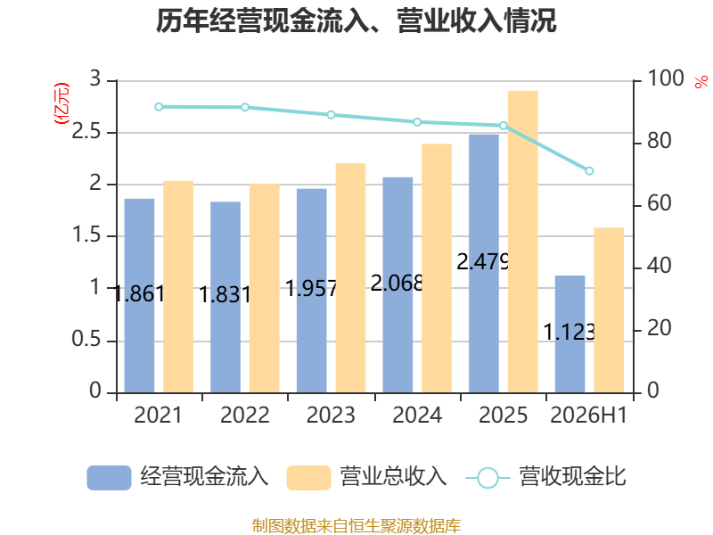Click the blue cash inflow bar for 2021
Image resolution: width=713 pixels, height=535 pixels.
(139, 296)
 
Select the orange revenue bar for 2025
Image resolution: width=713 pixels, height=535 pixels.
(523, 242)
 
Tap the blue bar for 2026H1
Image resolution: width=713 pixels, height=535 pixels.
(570, 334)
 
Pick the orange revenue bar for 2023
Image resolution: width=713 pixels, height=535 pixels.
(350, 278)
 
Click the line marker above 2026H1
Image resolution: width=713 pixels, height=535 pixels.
(589, 171)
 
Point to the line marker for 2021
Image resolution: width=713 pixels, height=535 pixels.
(159, 107)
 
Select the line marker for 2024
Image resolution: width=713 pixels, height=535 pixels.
(417, 122)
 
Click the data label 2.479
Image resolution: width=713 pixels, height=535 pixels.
(483, 261)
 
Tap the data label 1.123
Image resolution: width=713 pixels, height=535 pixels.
(570, 332)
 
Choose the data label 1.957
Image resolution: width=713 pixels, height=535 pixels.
(311, 288)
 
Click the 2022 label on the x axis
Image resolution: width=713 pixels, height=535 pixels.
(244, 415)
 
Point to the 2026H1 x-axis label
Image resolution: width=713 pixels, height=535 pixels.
(589, 415)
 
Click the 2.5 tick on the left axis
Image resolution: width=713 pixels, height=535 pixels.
(86, 132)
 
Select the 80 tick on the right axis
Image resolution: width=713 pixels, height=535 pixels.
(660, 141)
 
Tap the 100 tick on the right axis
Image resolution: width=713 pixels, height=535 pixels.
(666, 78)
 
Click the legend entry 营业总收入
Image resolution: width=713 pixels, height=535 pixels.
(366, 477)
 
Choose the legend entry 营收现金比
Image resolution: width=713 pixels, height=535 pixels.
(546, 477)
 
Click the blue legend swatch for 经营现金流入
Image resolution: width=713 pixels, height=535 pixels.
(109, 478)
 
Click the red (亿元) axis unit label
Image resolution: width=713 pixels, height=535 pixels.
(61, 103)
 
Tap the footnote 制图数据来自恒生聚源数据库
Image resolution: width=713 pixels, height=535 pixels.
(356, 526)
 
